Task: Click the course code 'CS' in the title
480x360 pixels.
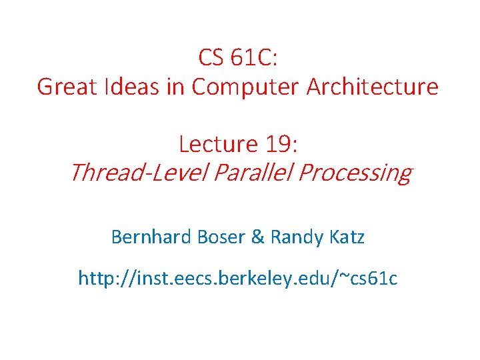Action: click(x=211, y=58)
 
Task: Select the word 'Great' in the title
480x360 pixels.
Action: click(x=62, y=87)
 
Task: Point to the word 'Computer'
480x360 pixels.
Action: click(x=245, y=87)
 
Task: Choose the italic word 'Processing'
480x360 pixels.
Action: click(x=355, y=173)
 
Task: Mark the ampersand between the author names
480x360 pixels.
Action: click(x=257, y=237)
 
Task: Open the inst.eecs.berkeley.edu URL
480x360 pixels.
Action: click(x=238, y=278)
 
